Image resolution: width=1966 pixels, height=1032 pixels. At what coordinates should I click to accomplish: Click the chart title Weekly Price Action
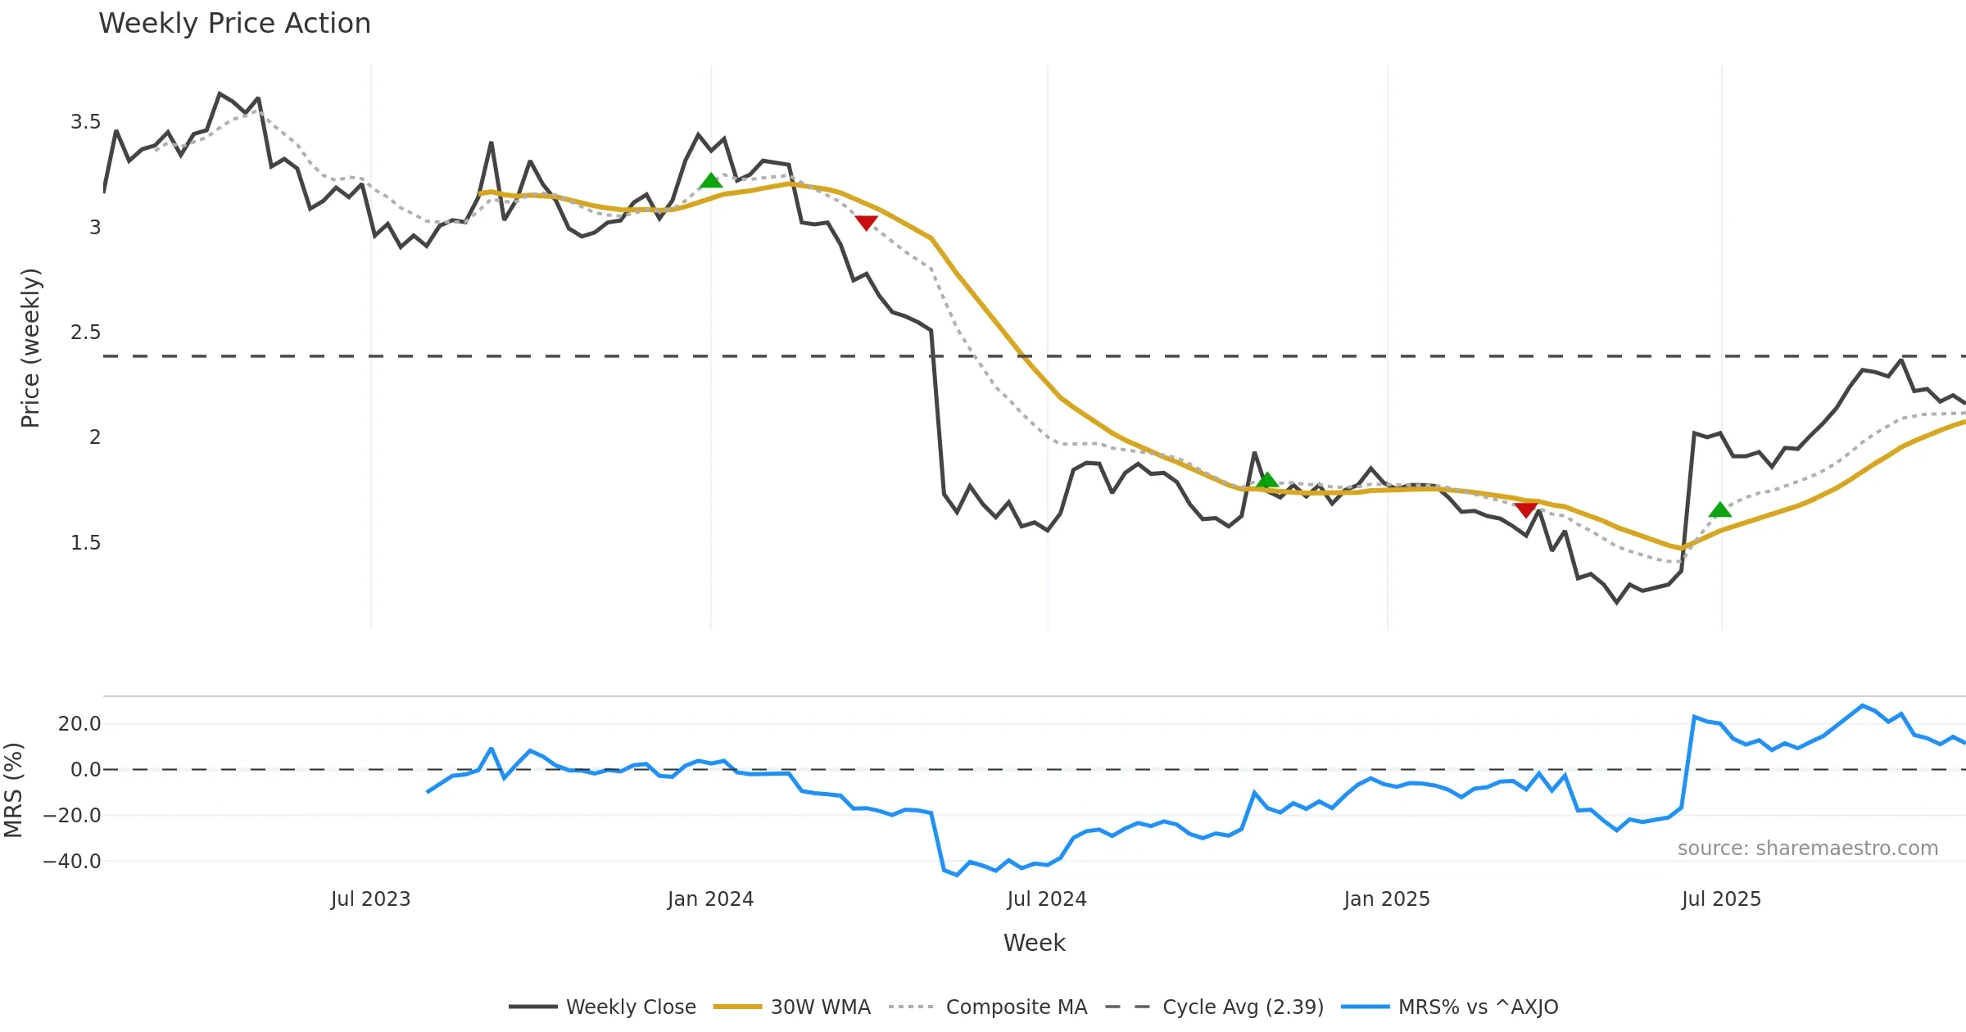point(234,24)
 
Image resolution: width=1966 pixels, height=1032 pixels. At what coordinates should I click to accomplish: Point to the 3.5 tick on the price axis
point(85,122)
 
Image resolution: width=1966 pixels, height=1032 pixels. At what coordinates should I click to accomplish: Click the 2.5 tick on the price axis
point(85,333)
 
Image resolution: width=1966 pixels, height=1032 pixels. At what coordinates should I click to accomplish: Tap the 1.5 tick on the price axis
point(85,543)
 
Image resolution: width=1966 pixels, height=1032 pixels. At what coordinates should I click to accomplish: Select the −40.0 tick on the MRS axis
point(72,862)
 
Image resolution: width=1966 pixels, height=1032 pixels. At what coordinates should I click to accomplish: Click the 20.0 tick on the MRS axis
point(79,724)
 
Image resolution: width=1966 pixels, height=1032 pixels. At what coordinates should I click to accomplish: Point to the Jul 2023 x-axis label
point(370,899)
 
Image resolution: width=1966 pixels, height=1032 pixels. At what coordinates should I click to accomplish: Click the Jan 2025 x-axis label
point(1386,899)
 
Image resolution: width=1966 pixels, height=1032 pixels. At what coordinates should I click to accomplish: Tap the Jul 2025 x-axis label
point(1720,899)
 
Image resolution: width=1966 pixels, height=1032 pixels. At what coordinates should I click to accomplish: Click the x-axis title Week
point(1034,944)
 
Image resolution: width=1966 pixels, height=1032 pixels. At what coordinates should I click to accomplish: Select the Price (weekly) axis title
point(30,348)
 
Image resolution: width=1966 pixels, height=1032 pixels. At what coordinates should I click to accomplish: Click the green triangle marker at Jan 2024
point(711,181)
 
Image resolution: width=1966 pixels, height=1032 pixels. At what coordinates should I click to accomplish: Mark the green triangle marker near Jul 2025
point(1720,510)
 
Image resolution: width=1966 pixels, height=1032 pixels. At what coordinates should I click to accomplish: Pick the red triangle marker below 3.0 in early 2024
point(866,222)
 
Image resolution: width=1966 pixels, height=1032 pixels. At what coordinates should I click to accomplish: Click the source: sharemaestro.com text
point(1807,849)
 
